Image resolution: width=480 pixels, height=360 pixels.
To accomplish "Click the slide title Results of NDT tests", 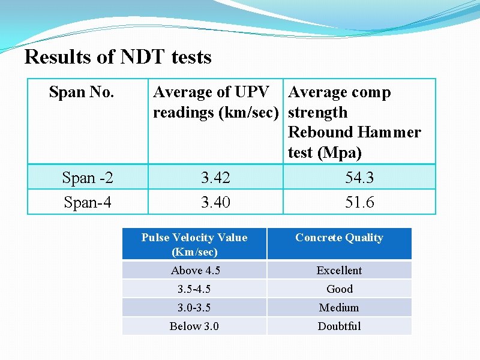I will (118, 58).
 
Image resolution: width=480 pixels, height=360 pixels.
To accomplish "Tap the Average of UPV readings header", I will (215, 102).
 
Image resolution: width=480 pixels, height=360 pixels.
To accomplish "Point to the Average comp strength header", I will (354, 122).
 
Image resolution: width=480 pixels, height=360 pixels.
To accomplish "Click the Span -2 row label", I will (88, 178).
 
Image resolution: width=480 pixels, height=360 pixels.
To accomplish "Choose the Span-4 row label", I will (88, 203).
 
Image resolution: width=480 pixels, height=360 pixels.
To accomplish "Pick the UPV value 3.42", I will (215, 178).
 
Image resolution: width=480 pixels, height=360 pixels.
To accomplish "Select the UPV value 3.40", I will (215, 203).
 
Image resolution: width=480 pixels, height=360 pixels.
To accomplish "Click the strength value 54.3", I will (359, 178).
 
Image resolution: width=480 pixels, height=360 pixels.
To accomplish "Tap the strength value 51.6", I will (359, 203).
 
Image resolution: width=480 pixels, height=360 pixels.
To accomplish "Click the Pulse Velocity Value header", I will (194, 244).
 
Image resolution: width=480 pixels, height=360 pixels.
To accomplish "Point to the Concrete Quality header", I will (339, 238).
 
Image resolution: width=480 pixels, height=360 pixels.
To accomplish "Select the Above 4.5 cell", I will (195, 271).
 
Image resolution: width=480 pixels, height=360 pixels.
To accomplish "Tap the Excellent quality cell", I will (339, 271).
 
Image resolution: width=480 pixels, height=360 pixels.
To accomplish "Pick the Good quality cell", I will (339, 289).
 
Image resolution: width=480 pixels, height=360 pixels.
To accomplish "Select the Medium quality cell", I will (339, 308).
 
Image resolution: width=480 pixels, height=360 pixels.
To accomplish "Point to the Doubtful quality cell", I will (339, 326).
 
